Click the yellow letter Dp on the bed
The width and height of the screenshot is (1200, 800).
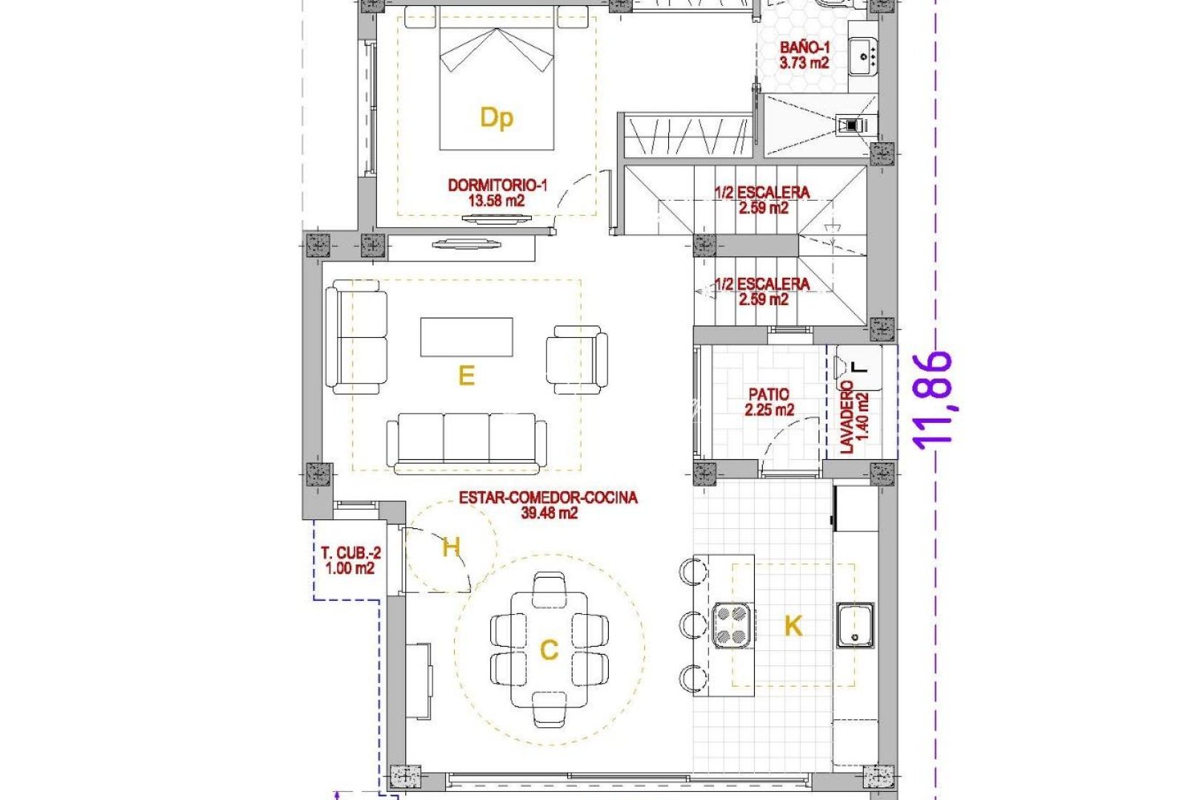(496, 117)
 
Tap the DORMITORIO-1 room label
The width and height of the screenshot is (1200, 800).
(497, 193)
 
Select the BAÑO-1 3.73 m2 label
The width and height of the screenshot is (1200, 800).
(804, 56)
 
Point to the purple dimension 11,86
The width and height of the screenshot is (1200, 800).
(933, 399)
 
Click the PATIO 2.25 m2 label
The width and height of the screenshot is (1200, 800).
(769, 402)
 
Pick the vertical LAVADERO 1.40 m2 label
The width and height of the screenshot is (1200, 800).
(853, 416)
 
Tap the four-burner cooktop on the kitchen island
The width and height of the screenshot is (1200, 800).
(732, 626)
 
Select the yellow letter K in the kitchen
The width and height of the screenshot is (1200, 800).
(793, 626)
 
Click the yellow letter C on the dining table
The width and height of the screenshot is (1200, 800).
(549, 650)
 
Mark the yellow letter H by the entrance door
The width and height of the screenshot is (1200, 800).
(451, 547)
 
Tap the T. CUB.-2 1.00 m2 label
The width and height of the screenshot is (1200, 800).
(350, 561)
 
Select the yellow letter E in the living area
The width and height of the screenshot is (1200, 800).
(466, 376)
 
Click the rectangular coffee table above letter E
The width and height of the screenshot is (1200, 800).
(467, 337)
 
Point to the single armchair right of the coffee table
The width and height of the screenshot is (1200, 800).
(577, 359)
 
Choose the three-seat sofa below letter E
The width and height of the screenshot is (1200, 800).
(467, 442)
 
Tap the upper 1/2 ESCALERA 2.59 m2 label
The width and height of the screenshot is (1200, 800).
(762, 200)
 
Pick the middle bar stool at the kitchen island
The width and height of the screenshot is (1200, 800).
(692, 624)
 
